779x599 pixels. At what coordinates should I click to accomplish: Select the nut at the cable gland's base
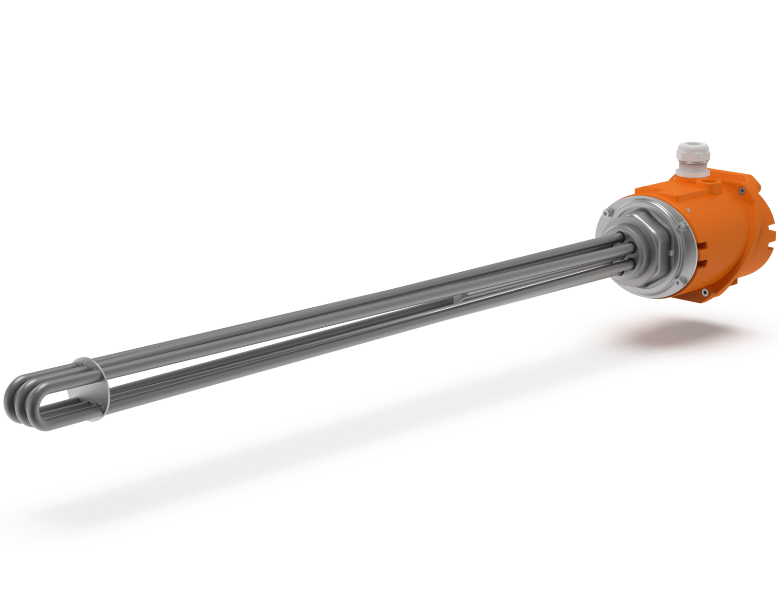(692, 173)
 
